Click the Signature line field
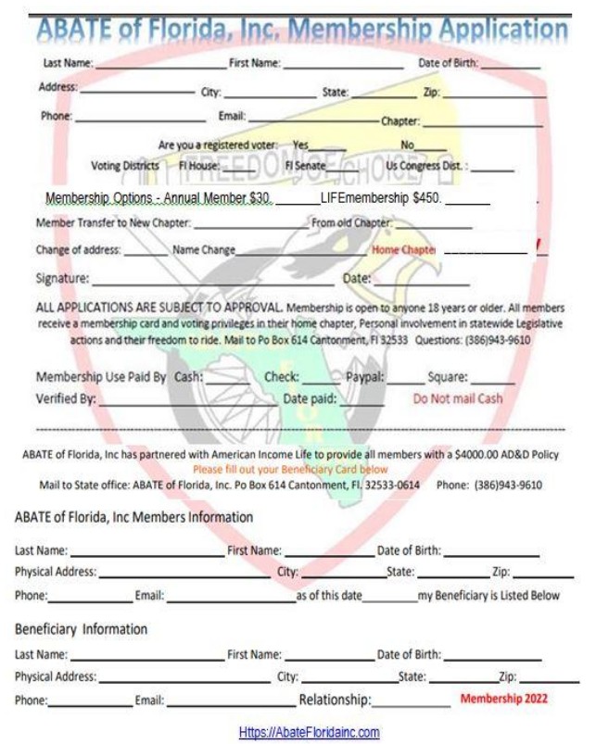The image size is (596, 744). [213, 279]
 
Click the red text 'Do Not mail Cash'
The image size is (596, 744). [458, 398]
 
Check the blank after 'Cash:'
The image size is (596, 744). [226, 379]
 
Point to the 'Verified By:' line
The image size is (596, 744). [185, 401]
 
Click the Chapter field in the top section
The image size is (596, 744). [482, 122]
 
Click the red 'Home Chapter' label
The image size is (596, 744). [404, 250]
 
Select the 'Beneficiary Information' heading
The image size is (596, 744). [81, 629]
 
